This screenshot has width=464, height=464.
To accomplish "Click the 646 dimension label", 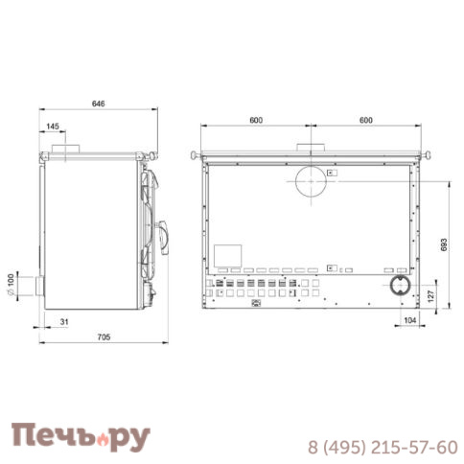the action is (98, 104).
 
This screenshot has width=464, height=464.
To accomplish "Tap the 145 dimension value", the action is (53, 127).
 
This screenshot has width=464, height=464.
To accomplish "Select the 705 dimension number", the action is (104, 336).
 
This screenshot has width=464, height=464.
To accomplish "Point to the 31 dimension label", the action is (64, 321).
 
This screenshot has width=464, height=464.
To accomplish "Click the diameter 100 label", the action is (11, 284).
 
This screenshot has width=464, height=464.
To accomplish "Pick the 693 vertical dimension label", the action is (444, 244).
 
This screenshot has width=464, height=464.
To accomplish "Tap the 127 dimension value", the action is (430, 296).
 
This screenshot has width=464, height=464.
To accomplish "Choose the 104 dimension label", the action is (410, 320).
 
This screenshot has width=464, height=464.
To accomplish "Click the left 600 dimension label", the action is (256, 120).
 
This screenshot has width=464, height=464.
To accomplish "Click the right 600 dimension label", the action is (366, 120).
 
